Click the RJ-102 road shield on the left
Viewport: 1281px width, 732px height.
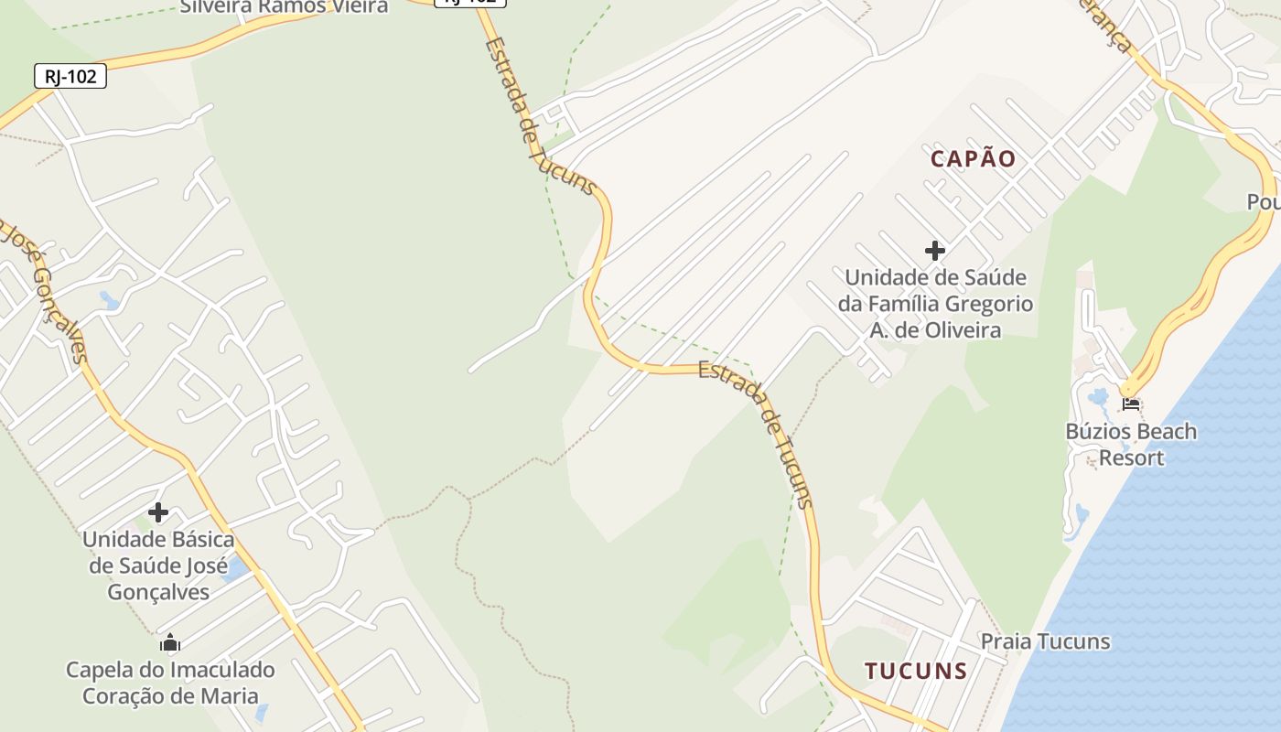coord(70,76)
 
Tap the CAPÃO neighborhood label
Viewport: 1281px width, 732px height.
coord(973,158)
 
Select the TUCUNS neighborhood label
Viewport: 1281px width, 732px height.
coord(916,671)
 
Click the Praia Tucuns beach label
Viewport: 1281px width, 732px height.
coord(1045,641)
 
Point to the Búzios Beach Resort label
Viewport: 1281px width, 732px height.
coord(1131,444)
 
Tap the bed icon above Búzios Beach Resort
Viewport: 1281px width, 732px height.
coord(1132,403)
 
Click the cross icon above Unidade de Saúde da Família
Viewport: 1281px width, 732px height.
coord(934,250)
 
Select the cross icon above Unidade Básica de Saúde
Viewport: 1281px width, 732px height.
coord(158,512)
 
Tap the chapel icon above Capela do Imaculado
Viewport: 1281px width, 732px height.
coord(169,643)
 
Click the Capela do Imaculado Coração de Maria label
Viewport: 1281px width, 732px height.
coord(170,683)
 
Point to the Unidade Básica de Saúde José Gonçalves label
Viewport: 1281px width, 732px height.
coord(158,565)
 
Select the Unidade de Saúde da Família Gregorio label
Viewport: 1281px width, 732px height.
coord(935,303)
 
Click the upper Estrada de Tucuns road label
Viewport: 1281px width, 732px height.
coord(540,114)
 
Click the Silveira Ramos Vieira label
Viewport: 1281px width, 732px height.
coord(284,6)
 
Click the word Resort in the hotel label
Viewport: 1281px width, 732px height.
coord(1131,457)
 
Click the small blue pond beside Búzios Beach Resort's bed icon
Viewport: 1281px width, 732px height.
coord(1099,397)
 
